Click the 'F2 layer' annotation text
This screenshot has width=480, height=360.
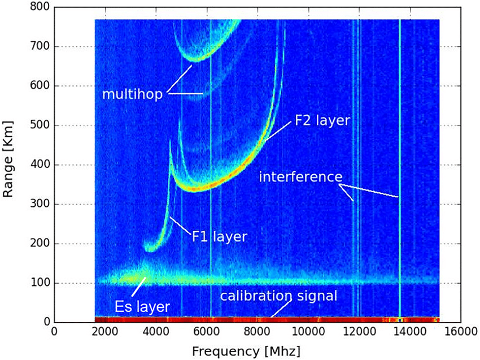click(322, 120)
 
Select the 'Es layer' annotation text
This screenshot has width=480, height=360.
click(142, 307)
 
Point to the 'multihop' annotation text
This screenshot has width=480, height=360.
click(132, 94)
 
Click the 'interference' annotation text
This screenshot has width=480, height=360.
click(300, 176)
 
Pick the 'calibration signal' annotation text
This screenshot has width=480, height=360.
click(278, 296)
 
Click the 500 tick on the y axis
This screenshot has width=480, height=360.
click(41, 125)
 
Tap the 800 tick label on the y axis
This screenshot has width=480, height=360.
click(41, 7)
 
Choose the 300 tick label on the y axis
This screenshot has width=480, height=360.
click(41, 204)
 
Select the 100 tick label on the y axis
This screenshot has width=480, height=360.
click(41, 283)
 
